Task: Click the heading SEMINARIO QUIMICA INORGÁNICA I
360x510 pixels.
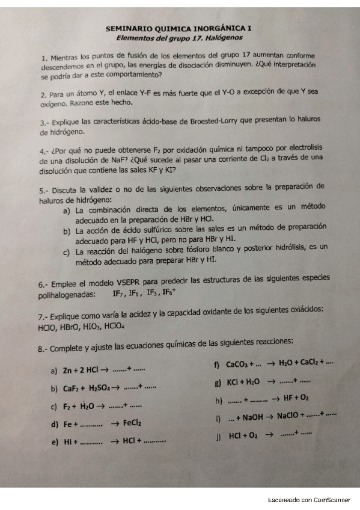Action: (180, 28)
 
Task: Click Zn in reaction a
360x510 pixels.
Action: (68, 369)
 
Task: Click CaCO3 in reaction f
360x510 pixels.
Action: (239, 364)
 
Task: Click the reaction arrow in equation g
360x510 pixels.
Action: (270, 381)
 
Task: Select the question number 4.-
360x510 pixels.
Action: (44, 151)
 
